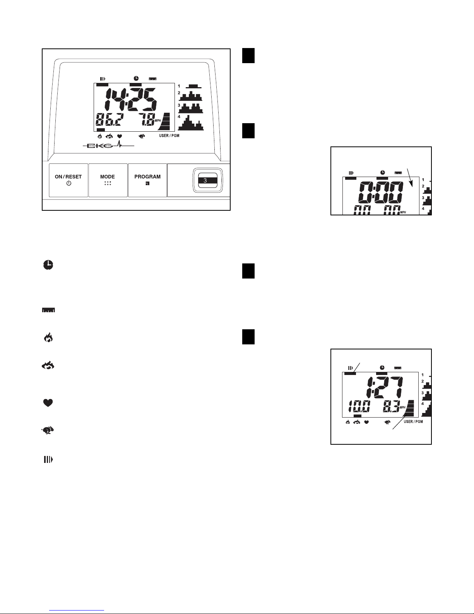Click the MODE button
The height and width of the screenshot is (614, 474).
pos(108,180)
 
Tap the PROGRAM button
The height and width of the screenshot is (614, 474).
pos(147,180)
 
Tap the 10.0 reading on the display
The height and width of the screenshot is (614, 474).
pos(359,407)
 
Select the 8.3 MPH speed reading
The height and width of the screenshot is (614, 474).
pos(392,407)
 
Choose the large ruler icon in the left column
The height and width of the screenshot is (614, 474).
pos(48,311)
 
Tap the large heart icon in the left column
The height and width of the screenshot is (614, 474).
pos(48,403)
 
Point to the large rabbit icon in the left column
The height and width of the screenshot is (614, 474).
pos(48,430)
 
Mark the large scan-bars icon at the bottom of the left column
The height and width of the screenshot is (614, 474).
pos(48,459)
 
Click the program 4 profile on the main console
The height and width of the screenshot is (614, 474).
pos(190,123)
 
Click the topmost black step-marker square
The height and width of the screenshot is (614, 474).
pos(248,55)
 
